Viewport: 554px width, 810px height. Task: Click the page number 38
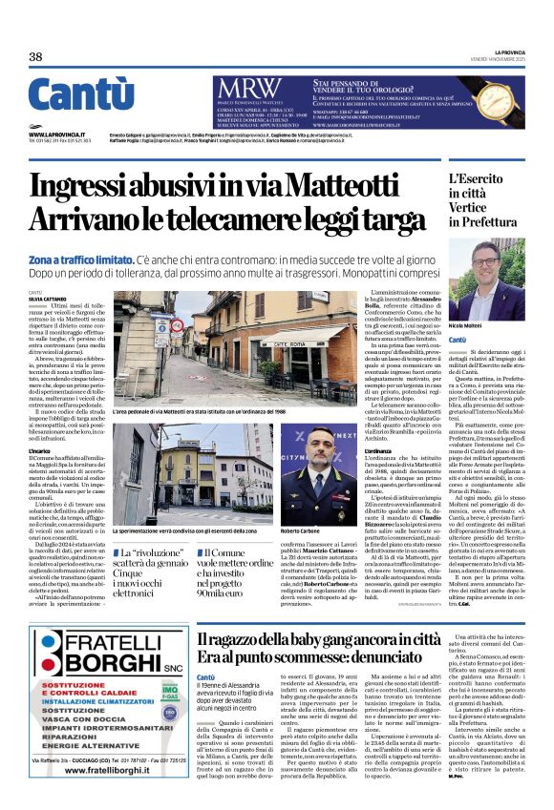(36, 57)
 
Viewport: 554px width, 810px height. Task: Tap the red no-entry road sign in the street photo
(160, 324)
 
